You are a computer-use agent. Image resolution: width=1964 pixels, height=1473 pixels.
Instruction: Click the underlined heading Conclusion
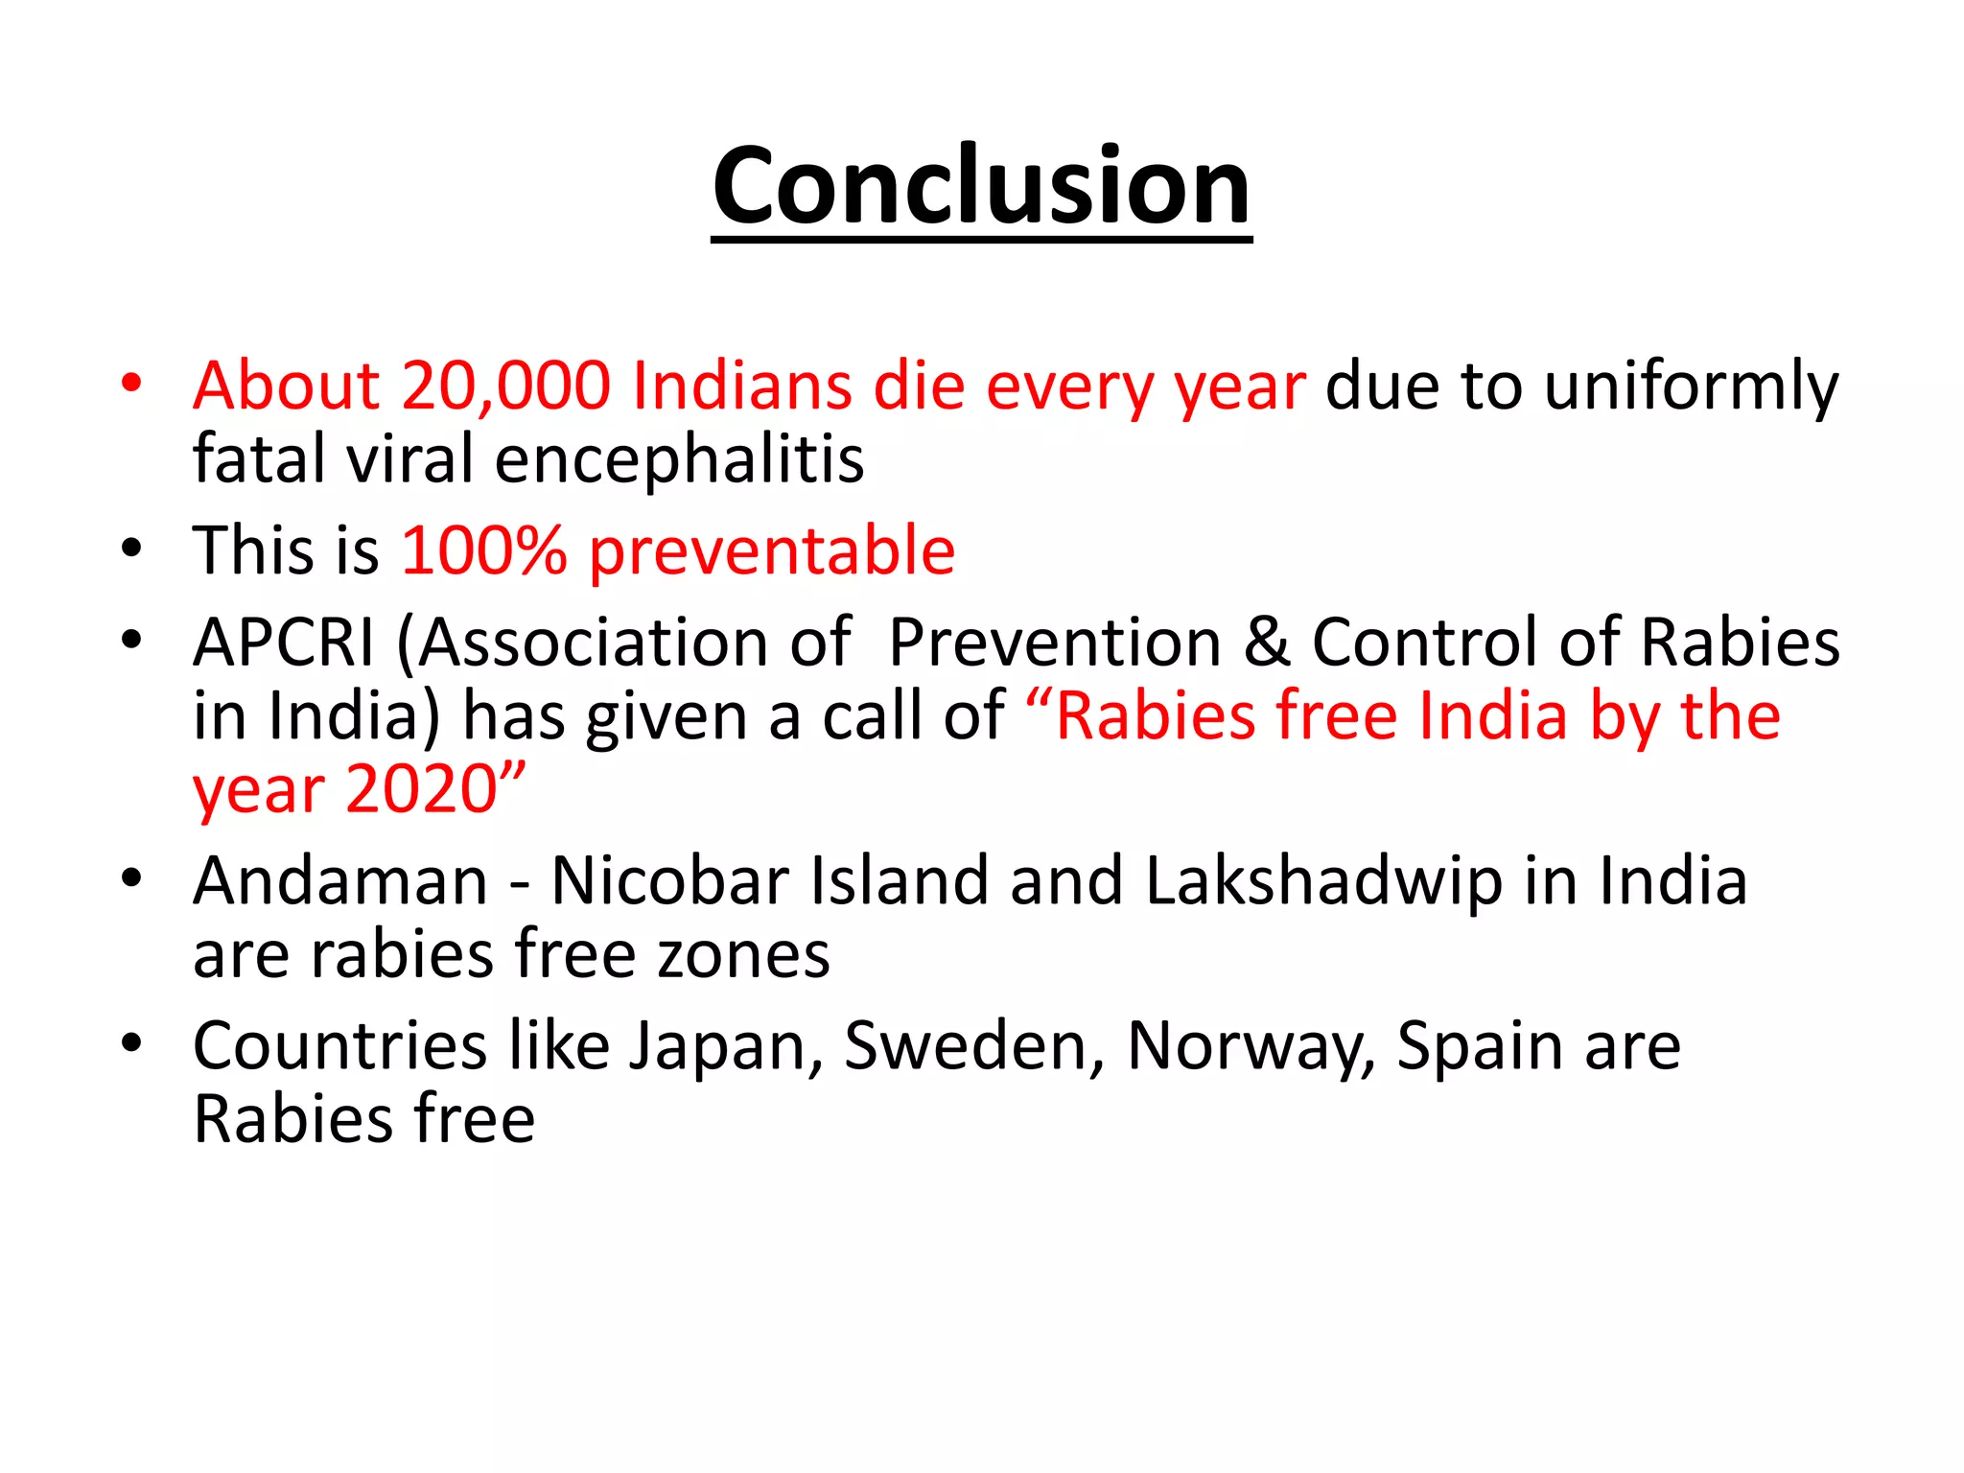981,187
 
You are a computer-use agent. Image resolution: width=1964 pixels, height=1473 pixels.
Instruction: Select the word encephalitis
679,459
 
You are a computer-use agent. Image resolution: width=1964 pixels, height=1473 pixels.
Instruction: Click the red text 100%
484,551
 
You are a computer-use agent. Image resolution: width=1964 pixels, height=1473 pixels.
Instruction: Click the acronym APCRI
284,643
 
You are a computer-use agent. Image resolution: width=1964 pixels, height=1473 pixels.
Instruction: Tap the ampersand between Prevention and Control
1266,643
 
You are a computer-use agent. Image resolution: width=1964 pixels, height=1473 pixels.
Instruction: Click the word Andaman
340,881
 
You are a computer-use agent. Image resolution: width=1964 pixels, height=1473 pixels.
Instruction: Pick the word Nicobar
669,881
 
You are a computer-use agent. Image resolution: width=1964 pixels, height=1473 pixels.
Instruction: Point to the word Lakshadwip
1323,881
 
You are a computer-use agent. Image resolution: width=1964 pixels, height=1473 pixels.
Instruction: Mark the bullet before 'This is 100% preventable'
131,549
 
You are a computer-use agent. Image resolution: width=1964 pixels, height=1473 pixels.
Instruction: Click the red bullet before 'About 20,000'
131,384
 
